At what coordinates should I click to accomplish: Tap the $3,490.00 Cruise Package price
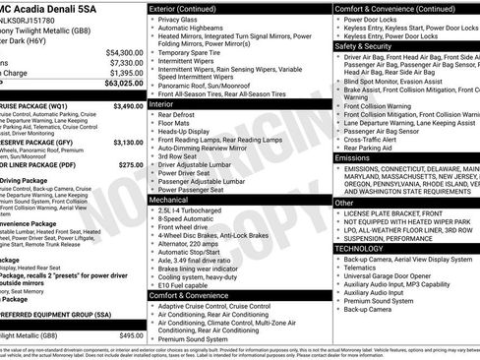click(127, 105)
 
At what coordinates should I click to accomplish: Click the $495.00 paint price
click(131, 335)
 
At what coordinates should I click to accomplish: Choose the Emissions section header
click(353, 157)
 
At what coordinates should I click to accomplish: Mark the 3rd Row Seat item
click(183, 155)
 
